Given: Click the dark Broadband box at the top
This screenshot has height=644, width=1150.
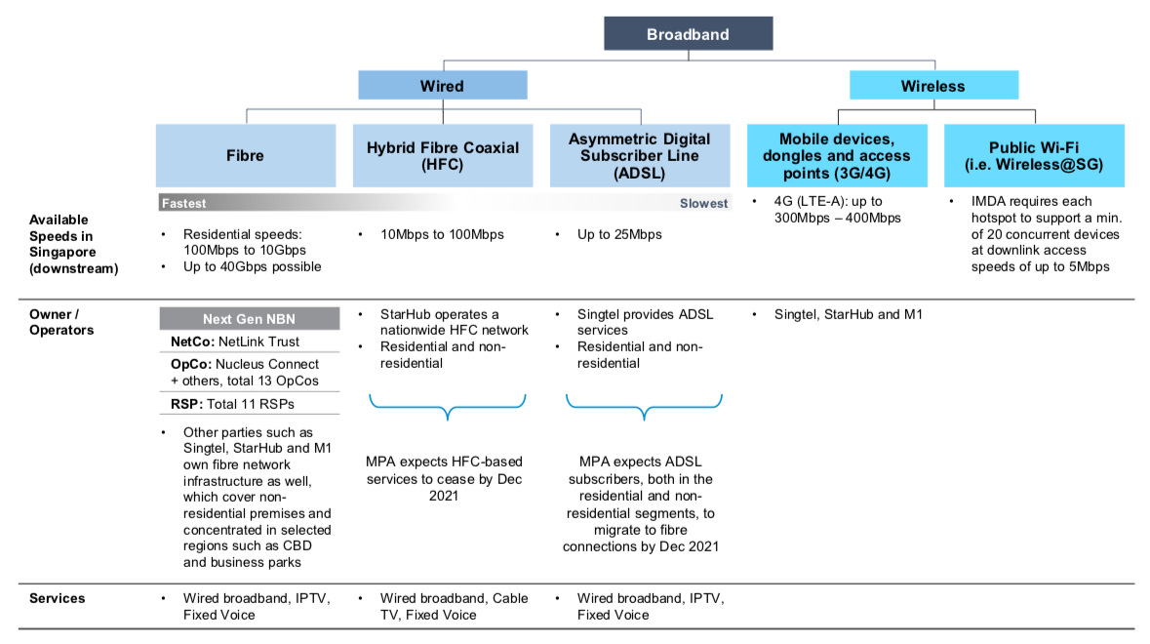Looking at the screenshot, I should point(688,34).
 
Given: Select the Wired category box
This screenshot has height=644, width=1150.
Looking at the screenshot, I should point(442,86).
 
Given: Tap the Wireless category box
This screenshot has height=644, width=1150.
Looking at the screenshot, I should point(932,86).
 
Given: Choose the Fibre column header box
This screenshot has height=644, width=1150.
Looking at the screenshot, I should point(246,155).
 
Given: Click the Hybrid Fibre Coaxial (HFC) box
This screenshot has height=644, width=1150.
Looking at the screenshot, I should point(443,155).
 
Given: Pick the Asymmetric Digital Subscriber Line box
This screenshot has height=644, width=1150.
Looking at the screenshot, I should point(640,155).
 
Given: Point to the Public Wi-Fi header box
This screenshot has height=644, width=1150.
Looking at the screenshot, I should point(1034,155).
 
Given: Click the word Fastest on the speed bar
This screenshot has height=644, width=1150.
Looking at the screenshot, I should point(183,204).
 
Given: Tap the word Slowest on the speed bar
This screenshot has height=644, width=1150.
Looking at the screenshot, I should point(703,204).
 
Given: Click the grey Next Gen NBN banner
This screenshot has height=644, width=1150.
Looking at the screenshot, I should point(249,319).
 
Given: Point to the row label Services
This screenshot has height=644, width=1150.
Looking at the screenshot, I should point(57,598).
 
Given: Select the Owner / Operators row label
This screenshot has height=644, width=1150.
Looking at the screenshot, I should point(61,322).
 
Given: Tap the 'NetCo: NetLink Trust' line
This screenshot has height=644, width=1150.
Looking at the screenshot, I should point(228,342).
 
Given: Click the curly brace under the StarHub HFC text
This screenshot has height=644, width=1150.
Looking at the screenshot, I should point(447,407).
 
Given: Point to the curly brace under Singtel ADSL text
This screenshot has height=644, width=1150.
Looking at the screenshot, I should point(644,407).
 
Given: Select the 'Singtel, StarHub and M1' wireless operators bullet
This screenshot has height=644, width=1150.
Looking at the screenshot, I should point(847,314).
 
